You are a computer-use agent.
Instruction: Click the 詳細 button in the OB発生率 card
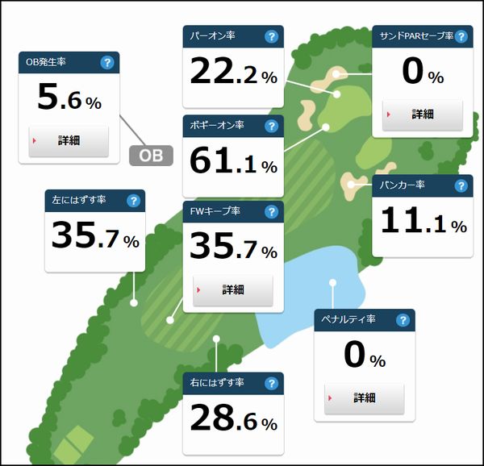click(69, 140)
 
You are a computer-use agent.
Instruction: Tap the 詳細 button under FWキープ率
click(233, 289)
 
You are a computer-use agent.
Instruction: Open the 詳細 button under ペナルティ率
click(364, 397)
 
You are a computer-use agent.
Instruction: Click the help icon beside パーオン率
click(271, 36)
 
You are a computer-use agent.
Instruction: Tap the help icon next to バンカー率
click(461, 186)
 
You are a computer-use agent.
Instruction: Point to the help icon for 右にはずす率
click(271, 382)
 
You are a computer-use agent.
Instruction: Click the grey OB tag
click(152, 155)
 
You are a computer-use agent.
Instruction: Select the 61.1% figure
click(233, 162)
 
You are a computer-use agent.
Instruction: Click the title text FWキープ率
click(215, 213)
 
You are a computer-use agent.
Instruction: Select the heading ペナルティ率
click(349, 320)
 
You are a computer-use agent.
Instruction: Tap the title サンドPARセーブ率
click(411, 36)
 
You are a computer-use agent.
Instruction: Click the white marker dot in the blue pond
click(332, 282)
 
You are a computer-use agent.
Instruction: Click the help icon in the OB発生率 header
click(106, 63)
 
